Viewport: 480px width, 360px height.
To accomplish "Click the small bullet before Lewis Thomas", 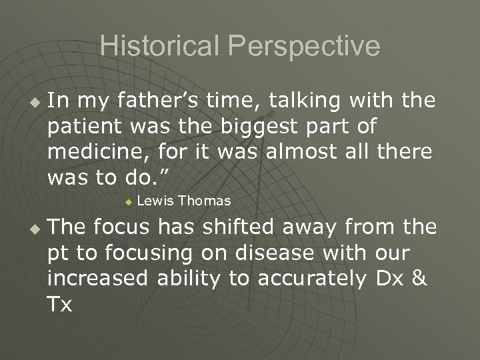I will [x=129, y=201].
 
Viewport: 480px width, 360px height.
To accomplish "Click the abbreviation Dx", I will [x=387, y=278].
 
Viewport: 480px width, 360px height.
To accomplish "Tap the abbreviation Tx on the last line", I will [x=59, y=303].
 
